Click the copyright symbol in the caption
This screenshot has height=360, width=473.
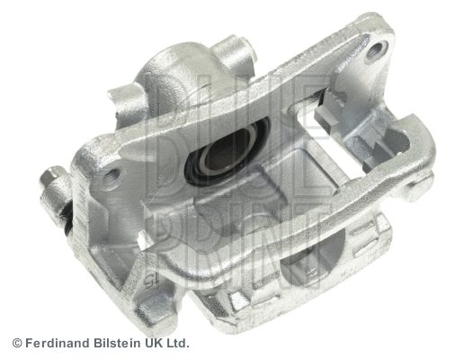(17, 343)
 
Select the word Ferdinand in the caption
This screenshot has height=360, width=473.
(55, 343)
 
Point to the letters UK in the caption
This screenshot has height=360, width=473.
(154, 343)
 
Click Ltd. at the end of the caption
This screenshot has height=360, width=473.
(178, 343)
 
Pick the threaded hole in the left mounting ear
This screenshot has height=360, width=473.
(111, 176)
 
